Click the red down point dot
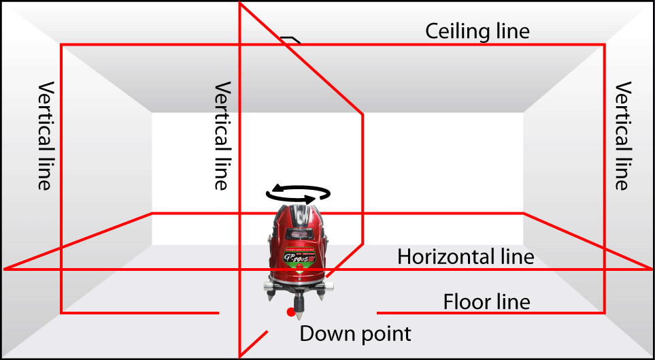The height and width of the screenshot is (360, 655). pos(291,312)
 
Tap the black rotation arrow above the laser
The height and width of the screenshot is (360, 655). pos(298,194)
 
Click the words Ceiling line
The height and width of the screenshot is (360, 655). pos(477,31)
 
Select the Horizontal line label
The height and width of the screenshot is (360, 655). pos(465,257)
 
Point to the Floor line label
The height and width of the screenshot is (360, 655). pos(486,301)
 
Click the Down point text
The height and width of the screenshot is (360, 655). pos(355,334)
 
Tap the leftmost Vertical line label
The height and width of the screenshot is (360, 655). pos(45,136)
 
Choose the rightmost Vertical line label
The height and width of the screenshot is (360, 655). pos(623,136)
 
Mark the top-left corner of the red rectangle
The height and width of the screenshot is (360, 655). pos(62,45)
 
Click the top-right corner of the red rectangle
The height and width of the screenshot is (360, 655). pos(604,45)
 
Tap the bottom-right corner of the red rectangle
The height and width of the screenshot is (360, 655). pos(604,313)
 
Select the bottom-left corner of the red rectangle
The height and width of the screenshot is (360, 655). pos(62,313)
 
